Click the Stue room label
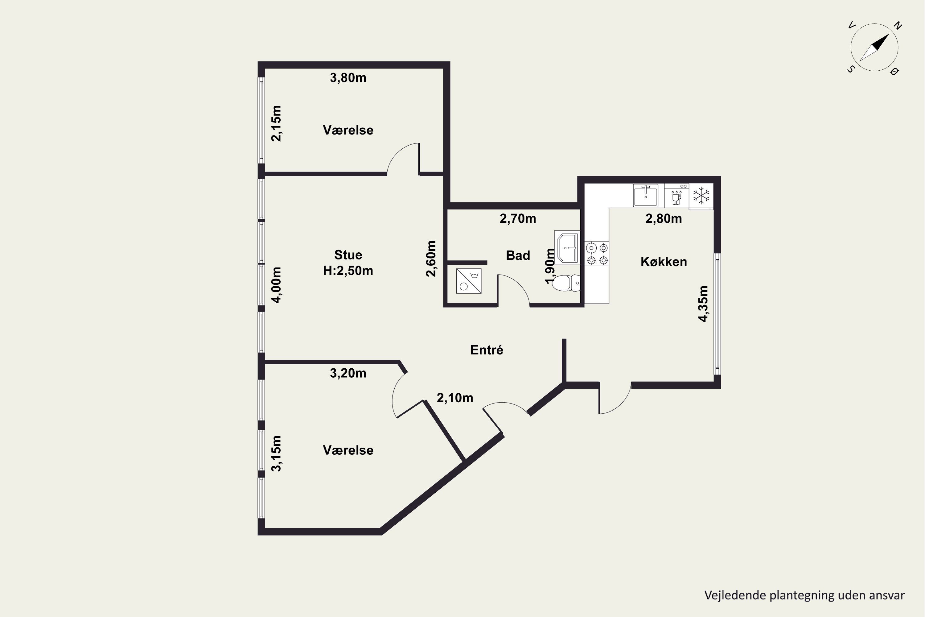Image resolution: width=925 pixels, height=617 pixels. (348, 255)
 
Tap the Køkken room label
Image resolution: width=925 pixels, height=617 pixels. (664, 262)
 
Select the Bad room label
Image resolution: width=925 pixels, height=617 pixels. (518, 255)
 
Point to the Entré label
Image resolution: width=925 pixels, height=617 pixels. (487, 350)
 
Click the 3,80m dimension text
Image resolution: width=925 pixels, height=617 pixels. (348, 78)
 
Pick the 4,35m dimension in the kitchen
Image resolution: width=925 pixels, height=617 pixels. (703, 304)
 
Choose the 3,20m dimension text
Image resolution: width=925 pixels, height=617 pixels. (348, 373)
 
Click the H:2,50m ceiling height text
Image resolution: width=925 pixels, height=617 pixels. (348, 271)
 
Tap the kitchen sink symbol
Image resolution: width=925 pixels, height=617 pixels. (645, 195)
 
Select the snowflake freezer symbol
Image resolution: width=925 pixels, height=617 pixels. (701, 196)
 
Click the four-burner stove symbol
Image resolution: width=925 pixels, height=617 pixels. (597, 254)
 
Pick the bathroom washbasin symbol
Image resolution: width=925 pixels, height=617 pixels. (567, 247)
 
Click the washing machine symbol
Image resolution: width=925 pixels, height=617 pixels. (469, 281)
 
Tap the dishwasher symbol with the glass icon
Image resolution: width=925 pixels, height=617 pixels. (676, 196)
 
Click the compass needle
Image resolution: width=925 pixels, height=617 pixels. (874, 48)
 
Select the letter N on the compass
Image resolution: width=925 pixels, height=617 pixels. (898, 26)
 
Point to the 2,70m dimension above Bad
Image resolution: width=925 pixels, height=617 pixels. (518, 218)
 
